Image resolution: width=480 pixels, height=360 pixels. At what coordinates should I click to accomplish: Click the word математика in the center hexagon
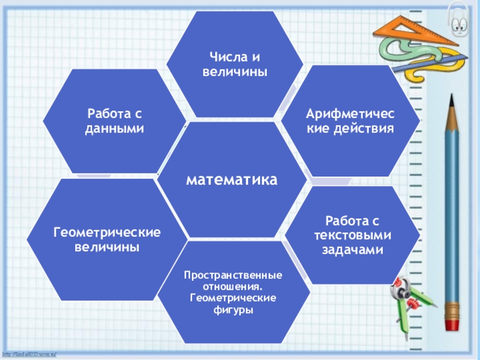click(x=232, y=179)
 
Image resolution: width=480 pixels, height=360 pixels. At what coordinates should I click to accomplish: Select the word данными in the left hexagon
click(x=115, y=128)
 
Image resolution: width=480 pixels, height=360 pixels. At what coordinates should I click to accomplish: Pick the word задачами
click(x=352, y=249)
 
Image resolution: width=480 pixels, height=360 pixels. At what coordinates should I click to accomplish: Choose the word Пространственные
click(x=233, y=275)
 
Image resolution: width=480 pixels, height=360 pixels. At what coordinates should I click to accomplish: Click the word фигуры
click(x=234, y=310)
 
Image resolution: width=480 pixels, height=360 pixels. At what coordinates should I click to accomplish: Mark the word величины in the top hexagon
click(x=234, y=71)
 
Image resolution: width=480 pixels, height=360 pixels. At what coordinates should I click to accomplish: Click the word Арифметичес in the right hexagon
click(x=351, y=114)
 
